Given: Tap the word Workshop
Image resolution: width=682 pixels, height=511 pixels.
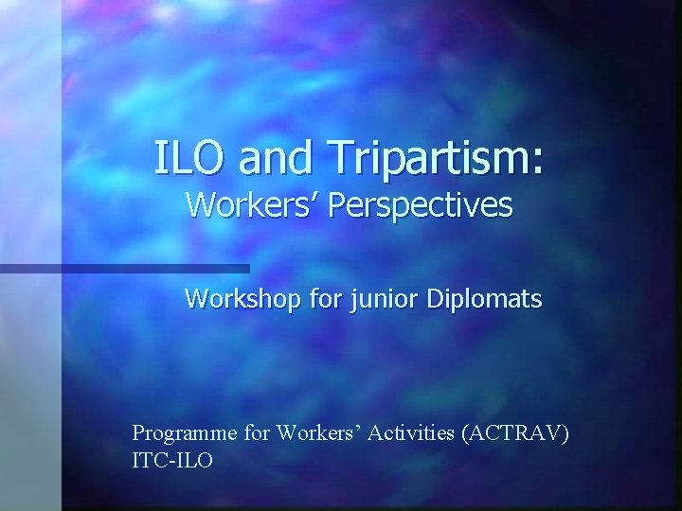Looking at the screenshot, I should click(239, 300).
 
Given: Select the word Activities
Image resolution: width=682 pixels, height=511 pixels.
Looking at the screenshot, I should click(410, 434).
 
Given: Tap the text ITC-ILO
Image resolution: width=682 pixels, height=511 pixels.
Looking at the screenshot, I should click(173, 463).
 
